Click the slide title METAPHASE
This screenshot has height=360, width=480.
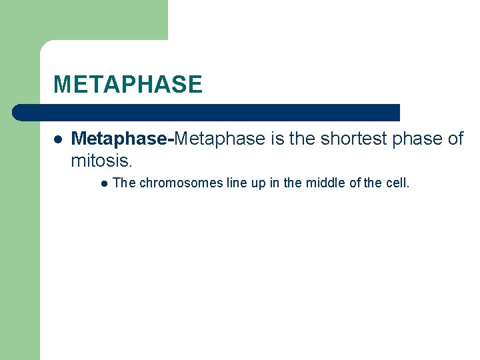coord(127,85)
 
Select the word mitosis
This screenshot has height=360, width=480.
coord(101,161)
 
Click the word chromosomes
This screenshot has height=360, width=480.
coord(181,183)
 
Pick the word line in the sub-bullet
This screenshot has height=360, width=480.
coord(237,183)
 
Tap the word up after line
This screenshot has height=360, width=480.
coord(259,183)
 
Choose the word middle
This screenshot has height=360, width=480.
coord(325,183)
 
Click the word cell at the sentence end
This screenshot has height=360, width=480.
coord(398,183)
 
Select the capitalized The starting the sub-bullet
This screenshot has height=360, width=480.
coord(124,183)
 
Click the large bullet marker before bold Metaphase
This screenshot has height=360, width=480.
coord(59,139)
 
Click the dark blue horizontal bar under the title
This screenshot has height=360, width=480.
coord(207,112)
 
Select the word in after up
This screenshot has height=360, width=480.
coord(275,183)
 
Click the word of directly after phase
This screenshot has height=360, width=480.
coord(456,139)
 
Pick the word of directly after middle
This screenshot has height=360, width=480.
coord(355,183)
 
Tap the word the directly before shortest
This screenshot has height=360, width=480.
coord(303,139)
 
